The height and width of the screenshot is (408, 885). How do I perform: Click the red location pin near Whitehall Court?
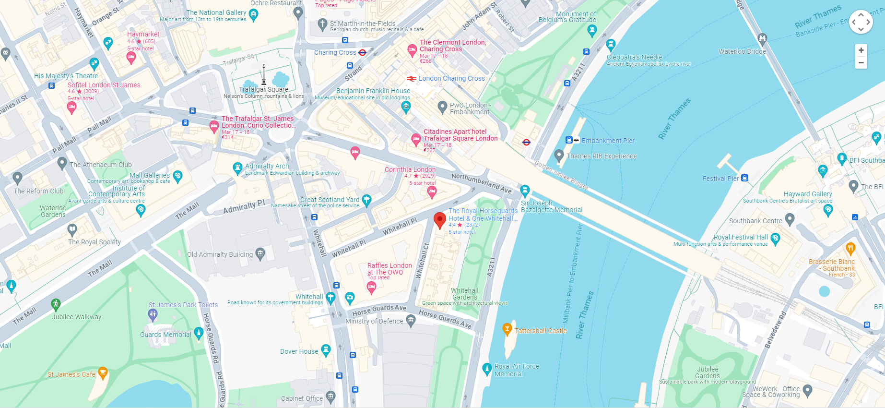439,220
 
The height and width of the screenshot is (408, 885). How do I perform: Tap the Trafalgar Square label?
263,89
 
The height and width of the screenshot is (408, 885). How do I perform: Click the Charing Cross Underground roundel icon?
362,52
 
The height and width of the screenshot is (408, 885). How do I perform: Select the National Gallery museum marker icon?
254,14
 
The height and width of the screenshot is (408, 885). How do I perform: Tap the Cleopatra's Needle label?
634,57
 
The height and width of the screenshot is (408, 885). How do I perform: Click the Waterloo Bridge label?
742,51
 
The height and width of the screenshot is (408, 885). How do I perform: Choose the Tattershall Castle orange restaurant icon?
507,329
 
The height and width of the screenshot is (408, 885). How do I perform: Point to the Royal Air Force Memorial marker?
487,369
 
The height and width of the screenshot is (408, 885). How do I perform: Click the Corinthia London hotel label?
410,169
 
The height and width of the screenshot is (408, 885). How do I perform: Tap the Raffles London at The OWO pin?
371,288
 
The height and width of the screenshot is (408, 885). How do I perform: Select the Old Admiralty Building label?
220,254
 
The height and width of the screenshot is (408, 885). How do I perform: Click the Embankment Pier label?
608,141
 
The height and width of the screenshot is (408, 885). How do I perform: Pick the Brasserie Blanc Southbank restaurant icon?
850,248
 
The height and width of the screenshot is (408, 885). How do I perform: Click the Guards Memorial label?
165,335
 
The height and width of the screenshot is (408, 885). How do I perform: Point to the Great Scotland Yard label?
330,200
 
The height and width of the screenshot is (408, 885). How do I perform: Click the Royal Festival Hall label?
741,237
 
